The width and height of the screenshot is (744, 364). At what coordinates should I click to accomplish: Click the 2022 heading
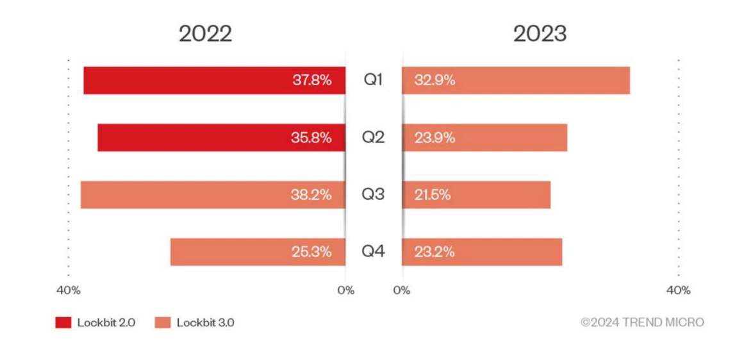click(205, 33)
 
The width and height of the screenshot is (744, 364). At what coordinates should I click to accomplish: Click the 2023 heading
click(540, 33)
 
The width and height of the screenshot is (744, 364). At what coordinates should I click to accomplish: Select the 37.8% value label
click(311, 81)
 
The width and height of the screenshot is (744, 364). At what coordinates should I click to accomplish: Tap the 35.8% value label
click(311, 138)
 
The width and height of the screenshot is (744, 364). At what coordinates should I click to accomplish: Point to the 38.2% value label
click(311, 195)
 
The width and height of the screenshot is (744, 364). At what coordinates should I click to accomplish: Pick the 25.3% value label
click(311, 252)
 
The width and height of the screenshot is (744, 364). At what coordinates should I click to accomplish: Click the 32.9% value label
click(434, 81)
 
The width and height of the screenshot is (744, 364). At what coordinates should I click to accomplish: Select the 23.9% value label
click(434, 138)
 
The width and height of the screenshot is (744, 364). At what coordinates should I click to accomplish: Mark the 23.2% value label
click(434, 252)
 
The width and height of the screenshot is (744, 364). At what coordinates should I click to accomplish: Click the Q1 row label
click(374, 81)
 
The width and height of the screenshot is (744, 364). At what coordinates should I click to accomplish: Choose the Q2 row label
click(374, 138)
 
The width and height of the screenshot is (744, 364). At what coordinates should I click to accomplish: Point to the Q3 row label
click(374, 195)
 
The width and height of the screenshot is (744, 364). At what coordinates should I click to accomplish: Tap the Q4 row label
click(374, 252)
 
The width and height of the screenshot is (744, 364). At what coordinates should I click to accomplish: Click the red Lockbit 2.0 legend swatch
click(63, 322)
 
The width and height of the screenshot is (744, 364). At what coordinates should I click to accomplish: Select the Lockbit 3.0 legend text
click(205, 322)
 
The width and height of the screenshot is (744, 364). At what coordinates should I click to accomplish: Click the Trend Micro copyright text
click(642, 322)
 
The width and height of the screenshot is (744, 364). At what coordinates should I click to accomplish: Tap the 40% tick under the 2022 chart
click(69, 290)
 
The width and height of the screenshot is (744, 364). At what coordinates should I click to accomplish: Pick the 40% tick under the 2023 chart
click(679, 290)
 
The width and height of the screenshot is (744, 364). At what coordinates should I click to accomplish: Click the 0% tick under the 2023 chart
click(402, 290)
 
